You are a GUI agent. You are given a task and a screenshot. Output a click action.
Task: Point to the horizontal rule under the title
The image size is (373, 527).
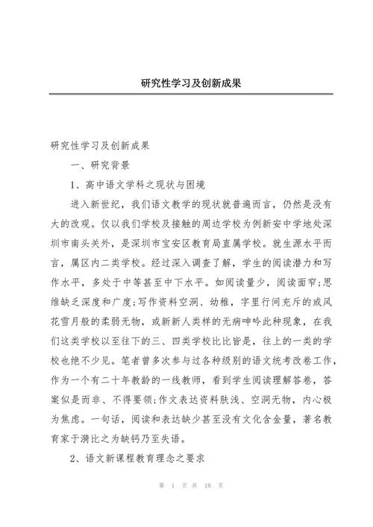point(186,94)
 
